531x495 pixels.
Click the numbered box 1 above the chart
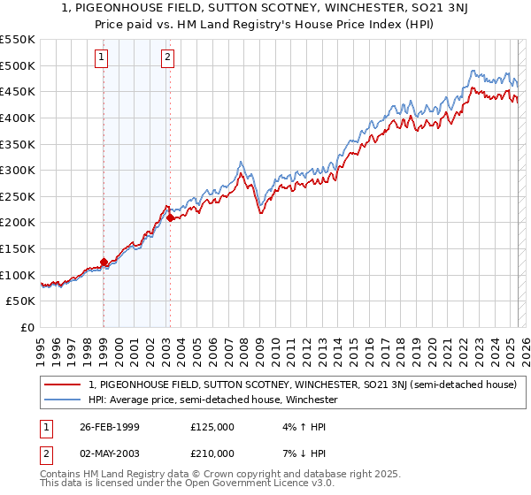point(103,58)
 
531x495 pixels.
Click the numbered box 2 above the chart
point(167,58)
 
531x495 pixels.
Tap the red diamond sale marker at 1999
point(104,262)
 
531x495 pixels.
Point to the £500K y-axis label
point(18,65)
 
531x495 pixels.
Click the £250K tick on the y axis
point(18,196)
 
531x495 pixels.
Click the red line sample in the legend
point(62,385)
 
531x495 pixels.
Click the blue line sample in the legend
point(62,400)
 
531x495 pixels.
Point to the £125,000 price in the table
point(212,426)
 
